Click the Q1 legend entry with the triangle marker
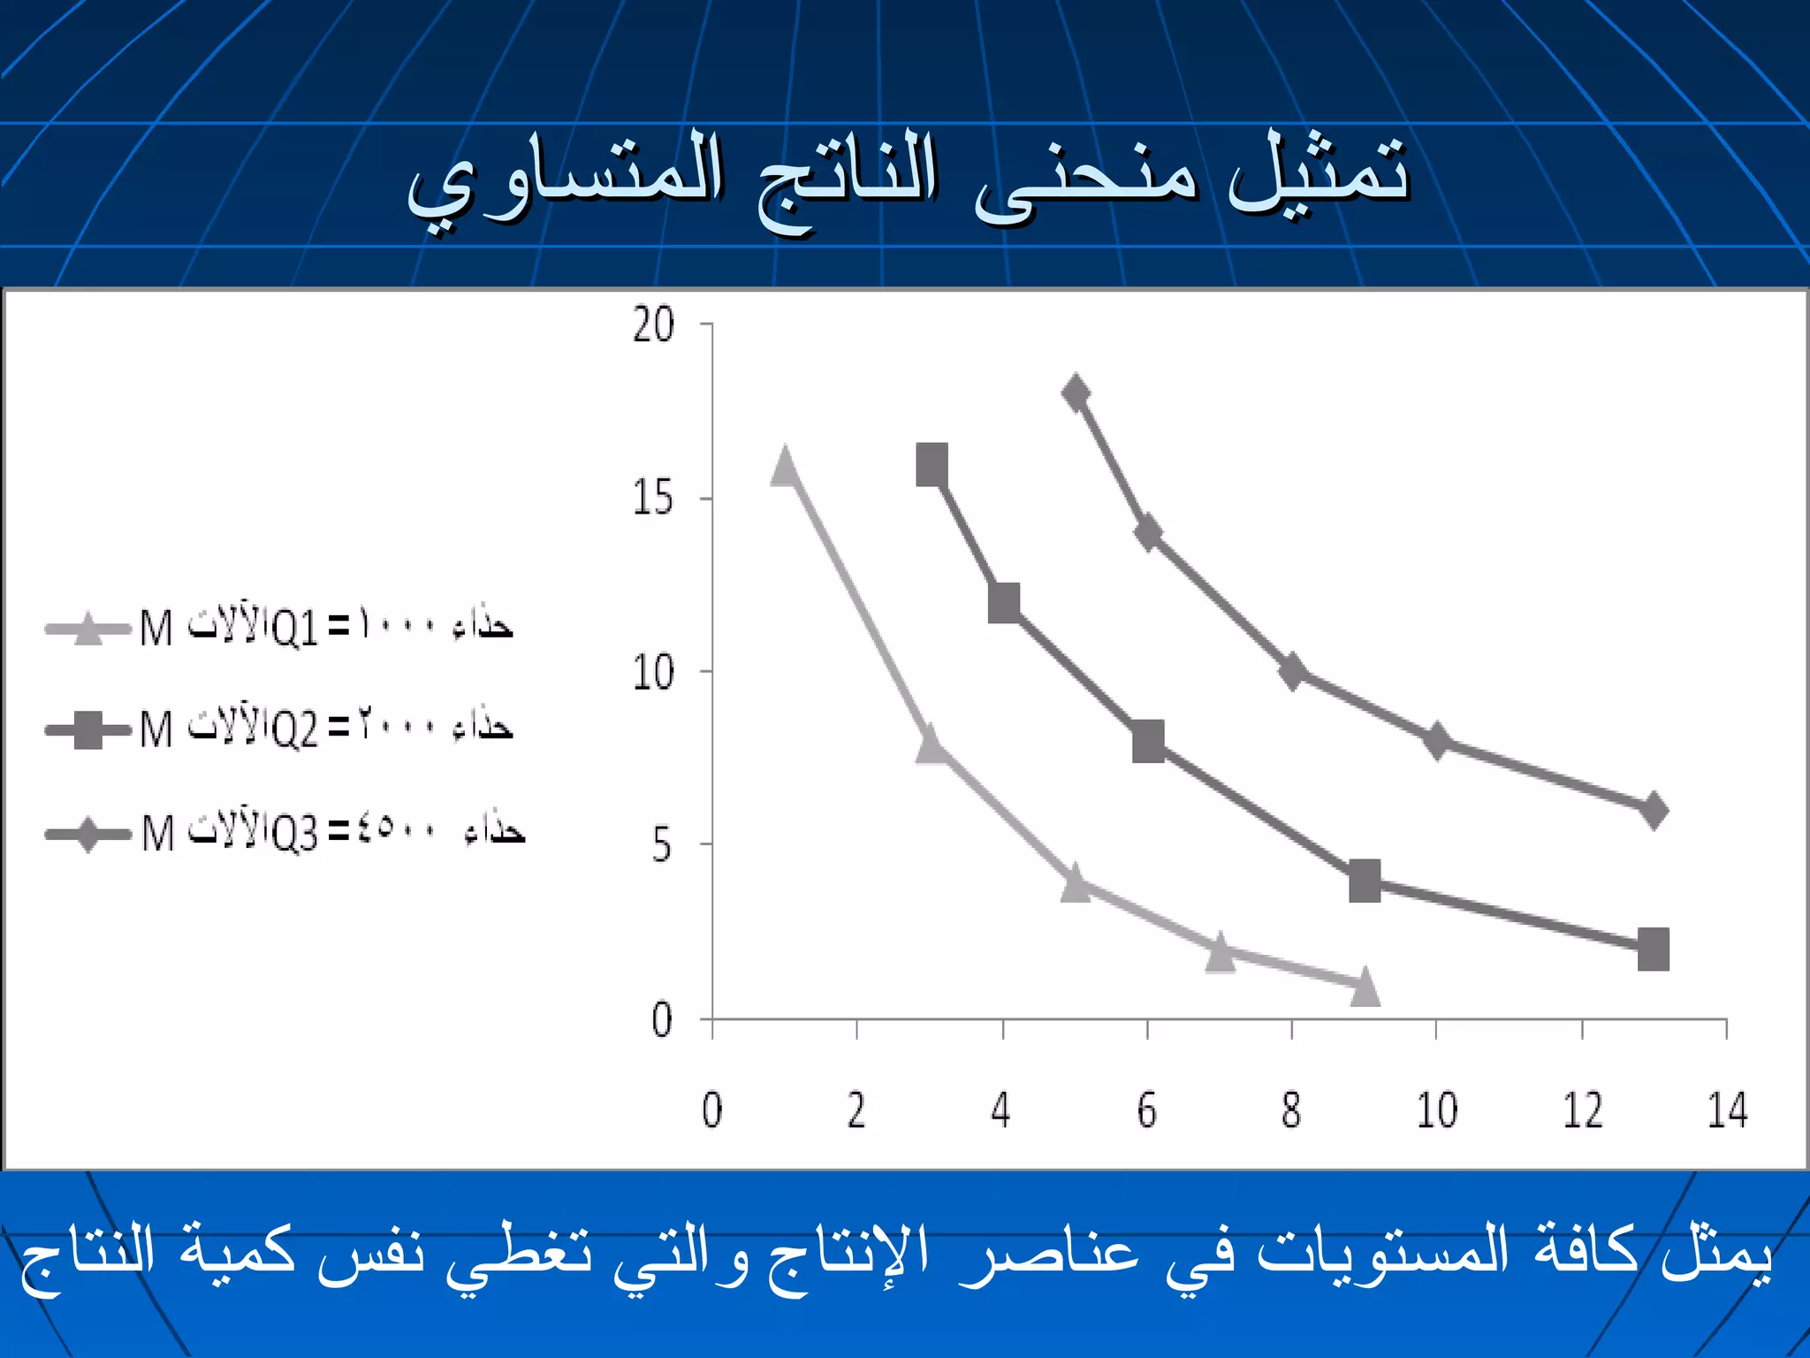pyautogui.click(x=279, y=628)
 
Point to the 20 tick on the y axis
pyautogui.click(x=654, y=325)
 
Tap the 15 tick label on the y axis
pyautogui.click(x=654, y=499)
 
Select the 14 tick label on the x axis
pyautogui.click(x=1727, y=1110)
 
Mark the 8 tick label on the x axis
pyautogui.click(x=1291, y=1110)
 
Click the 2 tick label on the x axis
pyautogui.click(x=856, y=1110)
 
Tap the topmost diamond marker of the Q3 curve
pyautogui.click(x=1076, y=393)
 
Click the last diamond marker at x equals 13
pyautogui.click(x=1654, y=810)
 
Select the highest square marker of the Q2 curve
pyautogui.click(x=932, y=465)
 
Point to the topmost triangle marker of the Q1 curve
pyautogui.click(x=785, y=467)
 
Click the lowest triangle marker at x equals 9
pyautogui.click(x=1365, y=987)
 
